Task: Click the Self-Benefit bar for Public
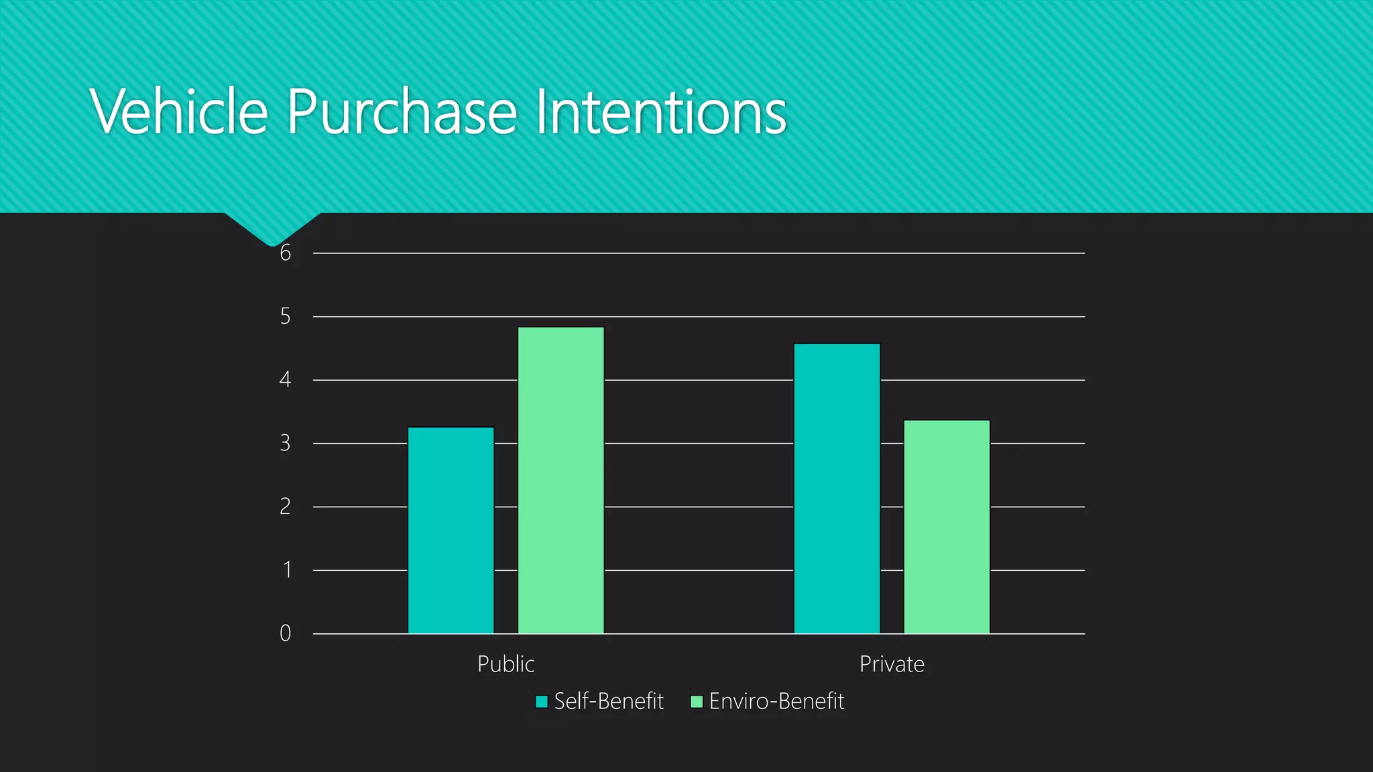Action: click(451, 530)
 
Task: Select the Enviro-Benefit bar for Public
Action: click(561, 480)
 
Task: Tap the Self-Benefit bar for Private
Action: click(837, 488)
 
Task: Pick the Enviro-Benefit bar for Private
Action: click(947, 527)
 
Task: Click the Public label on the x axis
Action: click(505, 664)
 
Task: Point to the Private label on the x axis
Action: click(892, 664)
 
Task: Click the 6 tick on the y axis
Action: click(286, 253)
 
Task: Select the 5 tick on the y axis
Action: click(286, 316)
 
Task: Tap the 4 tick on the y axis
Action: click(286, 380)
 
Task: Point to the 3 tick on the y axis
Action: click(286, 444)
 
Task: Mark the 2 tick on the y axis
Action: click(286, 507)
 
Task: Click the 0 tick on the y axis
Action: click(286, 633)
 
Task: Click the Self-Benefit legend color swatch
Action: click(542, 702)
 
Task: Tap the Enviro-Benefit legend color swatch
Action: click(697, 702)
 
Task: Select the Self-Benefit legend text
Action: click(609, 701)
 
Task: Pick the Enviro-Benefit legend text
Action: click(776, 701)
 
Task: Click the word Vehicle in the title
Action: click(179, 111)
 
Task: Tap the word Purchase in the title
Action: click(402, 111)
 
